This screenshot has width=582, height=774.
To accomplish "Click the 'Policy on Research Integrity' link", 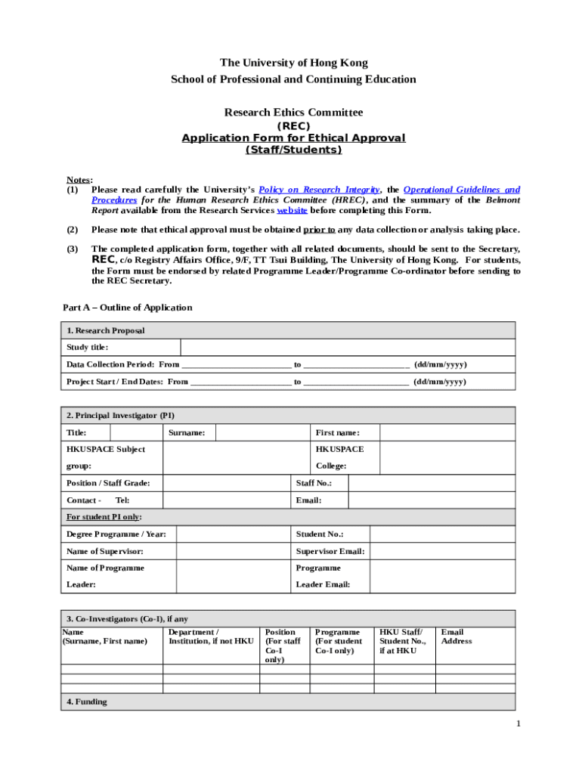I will click(319, 190).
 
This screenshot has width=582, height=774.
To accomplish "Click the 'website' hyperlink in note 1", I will click(292, 211).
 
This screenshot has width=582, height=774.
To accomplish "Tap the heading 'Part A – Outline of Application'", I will click(127, 308).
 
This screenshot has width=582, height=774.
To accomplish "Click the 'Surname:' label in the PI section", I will click(186, 433).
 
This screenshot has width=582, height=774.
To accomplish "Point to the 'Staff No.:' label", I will click(313, 483).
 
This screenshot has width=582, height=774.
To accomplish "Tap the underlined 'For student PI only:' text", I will click(104, 517).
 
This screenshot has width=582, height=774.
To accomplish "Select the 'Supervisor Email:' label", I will click(330, 552).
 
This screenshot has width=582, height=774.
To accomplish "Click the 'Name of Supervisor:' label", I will click(105, 552).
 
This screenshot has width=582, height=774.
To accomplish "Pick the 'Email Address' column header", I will click(457, 636).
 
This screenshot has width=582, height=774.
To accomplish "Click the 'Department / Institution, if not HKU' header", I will click(210, 636).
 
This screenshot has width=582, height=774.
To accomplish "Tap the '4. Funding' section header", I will click(87, 702).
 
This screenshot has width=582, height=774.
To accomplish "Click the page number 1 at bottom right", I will click(519, 724).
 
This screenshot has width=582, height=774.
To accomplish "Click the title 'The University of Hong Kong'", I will click(293, 63).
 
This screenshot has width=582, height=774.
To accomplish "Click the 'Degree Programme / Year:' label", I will click(116, 534).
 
